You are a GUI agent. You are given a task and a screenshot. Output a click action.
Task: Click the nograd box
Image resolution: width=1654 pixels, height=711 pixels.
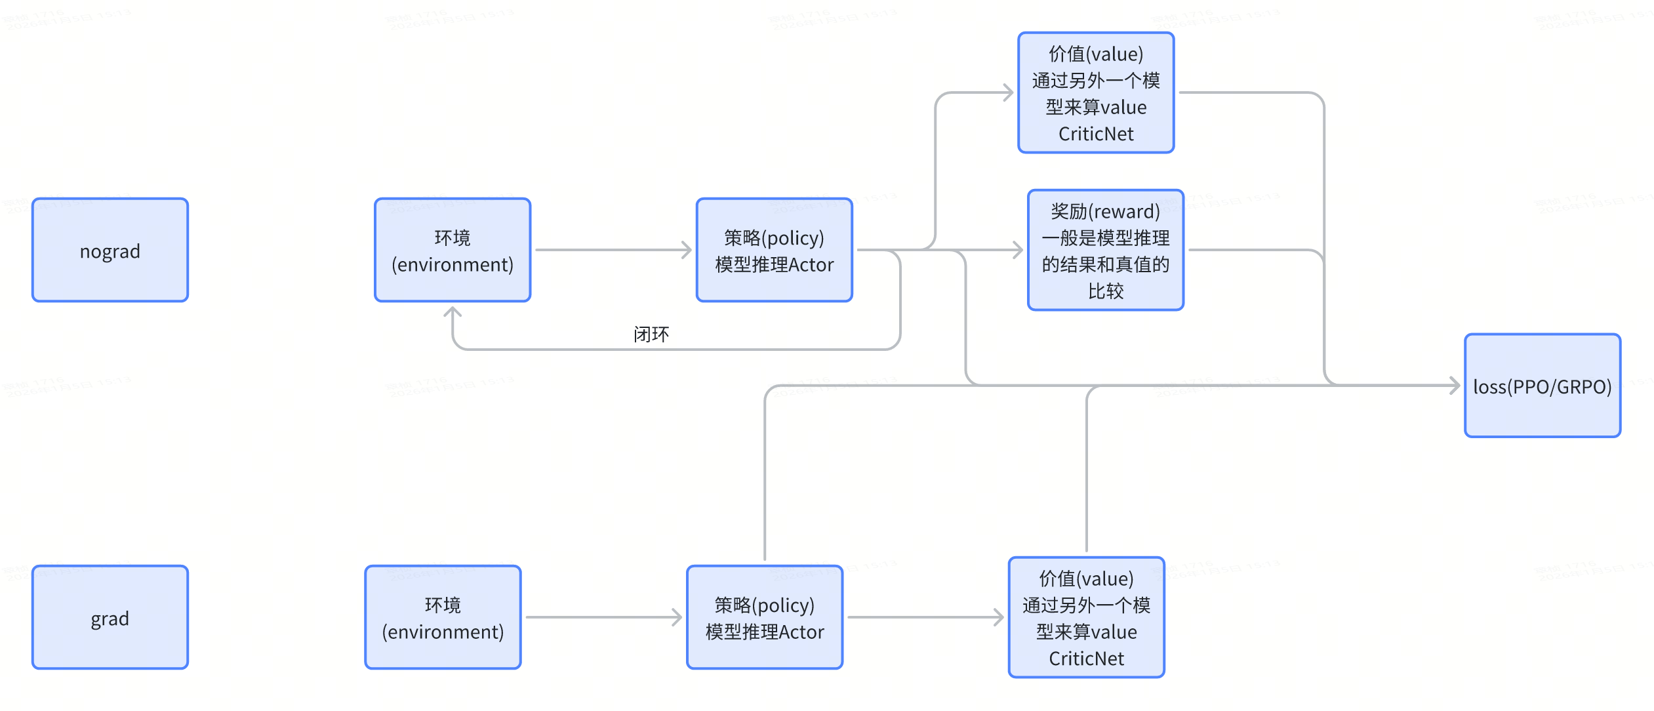(110, 250)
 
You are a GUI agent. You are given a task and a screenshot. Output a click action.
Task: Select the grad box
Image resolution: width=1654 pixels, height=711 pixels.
(110, 617)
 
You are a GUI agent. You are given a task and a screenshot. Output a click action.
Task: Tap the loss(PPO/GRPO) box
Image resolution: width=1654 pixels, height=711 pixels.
(1542, 386)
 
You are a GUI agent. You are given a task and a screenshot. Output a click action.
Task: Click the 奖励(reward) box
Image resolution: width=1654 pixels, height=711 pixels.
(1105, 250)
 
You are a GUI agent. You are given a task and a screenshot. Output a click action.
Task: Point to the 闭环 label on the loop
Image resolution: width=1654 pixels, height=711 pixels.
(651, 335)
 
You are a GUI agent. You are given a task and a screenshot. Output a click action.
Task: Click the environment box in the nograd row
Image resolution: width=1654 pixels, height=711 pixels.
(453, 250)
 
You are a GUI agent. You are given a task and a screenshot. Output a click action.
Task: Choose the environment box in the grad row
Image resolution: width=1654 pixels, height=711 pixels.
(443, 617)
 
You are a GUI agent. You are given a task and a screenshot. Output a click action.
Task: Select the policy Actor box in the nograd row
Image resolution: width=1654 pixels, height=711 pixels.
(774, 250)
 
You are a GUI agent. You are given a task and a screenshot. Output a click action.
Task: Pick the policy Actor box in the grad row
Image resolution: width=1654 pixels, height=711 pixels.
(765, 617)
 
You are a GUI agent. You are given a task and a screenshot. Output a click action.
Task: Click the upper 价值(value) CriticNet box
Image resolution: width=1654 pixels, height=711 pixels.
(1096, 92)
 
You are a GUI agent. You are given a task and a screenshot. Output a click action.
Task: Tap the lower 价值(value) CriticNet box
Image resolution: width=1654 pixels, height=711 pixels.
(1086, 617)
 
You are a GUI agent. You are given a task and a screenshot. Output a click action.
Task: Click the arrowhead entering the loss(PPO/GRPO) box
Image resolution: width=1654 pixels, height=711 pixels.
(1455, 386)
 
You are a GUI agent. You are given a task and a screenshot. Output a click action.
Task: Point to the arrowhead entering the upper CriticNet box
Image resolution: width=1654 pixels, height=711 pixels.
(1009, 92)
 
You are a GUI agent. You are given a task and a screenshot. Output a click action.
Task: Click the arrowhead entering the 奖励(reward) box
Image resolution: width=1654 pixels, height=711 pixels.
(1019, 250)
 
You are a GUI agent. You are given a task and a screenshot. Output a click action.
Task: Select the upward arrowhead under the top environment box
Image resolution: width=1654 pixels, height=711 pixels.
(453, 312)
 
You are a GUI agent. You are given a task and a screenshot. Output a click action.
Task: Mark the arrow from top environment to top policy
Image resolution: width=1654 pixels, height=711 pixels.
(613, 250)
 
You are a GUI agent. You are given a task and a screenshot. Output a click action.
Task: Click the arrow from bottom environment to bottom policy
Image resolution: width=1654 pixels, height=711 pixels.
(603, 617)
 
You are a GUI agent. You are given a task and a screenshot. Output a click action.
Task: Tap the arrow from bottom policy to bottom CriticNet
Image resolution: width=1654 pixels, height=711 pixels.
(925, 617)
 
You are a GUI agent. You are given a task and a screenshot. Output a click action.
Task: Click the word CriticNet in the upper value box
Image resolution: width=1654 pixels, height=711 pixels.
(1096, 134)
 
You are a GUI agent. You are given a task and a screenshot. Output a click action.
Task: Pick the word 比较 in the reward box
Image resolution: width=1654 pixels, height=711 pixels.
(1106, 291)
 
